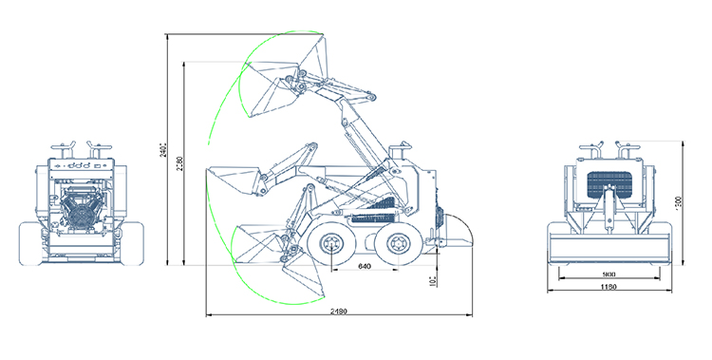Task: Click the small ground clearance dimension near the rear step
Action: pos(431,280)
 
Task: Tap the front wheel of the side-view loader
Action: pos(332,247)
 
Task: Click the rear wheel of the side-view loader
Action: pos(394,247)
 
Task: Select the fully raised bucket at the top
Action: pos(285,71)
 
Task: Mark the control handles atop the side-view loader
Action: pos(404,152)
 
